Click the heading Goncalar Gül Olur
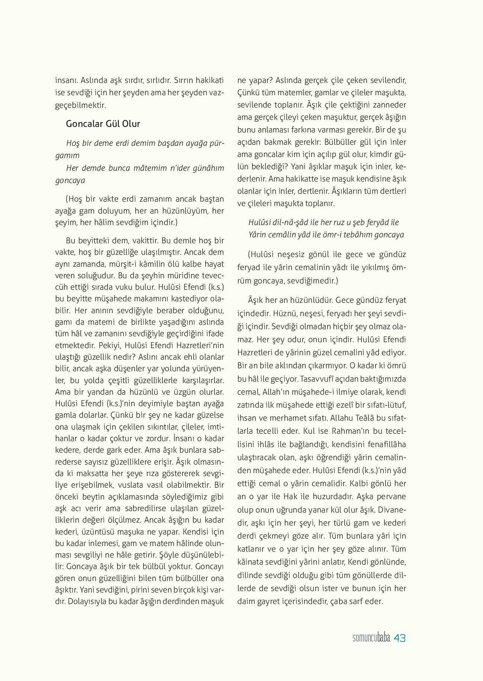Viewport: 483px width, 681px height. [103, 124]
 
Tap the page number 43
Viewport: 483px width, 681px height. [399, 638]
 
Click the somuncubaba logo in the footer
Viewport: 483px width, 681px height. [371, 638]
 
